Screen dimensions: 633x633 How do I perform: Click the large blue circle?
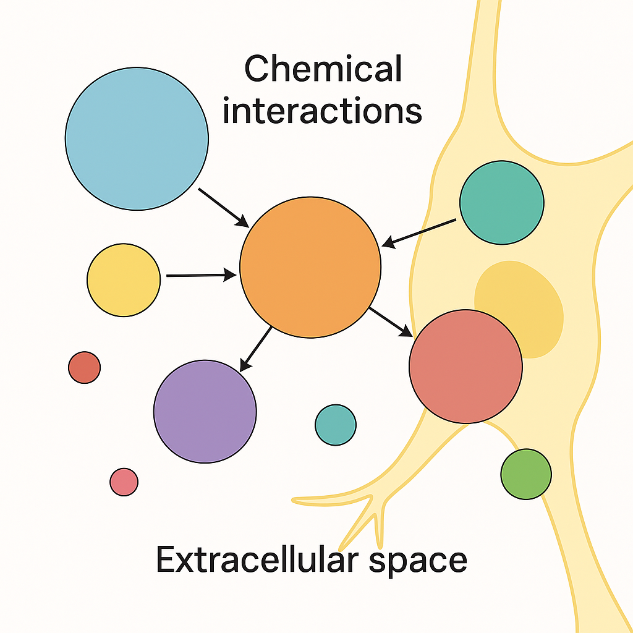[137, 138]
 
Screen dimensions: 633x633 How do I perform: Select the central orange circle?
[310, 267]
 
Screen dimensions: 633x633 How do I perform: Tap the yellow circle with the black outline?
[124, 280]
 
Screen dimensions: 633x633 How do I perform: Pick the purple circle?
[205, 411]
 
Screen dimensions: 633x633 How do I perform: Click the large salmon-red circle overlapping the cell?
[465, 367]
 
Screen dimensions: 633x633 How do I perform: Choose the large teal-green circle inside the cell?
[502, 202]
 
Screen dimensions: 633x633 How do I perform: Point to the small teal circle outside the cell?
[336, 425]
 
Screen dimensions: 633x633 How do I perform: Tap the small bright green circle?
[525, 474]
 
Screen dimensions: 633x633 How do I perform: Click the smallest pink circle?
[124, 482]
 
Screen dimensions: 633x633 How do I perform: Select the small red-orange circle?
[84, 367]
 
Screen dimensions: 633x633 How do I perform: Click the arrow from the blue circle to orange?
[223, 207]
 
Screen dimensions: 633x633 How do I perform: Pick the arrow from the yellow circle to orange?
[201, 275]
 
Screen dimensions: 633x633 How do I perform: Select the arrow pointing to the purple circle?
[255, 349]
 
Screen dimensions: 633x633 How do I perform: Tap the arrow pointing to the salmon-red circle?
[391, 322]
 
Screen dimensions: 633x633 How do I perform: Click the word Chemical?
[323, 69]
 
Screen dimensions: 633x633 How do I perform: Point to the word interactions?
[322, 111]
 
